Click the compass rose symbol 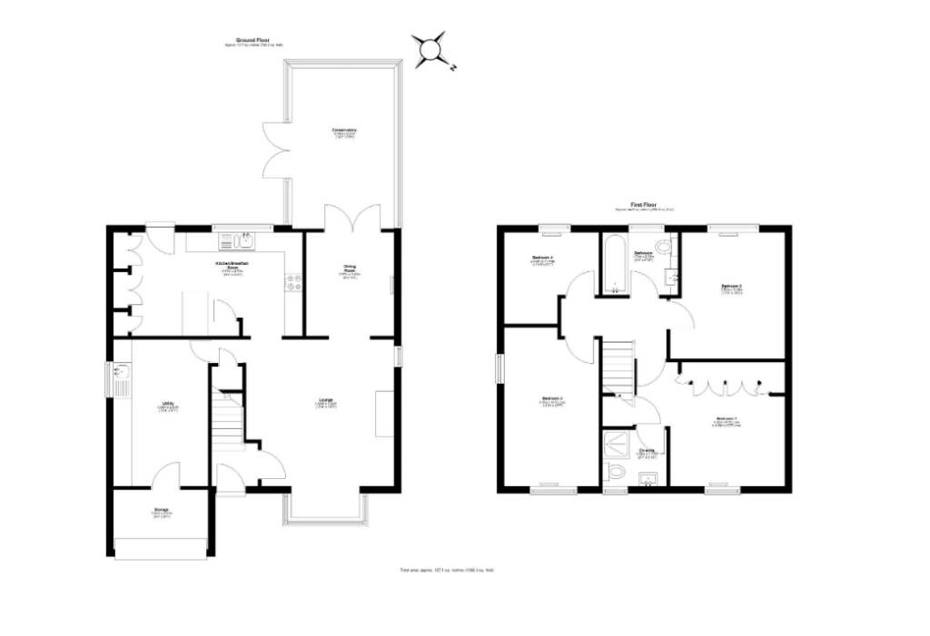tap(430, 50)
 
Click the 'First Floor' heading tap(643, 205)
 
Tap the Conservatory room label tap(344, 132)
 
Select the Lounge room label tap(324, 400)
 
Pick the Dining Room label tap(350, 269)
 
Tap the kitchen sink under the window tap(242, 240)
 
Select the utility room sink tap(123, 375)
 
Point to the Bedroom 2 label tap(732, 289)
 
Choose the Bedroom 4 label tap(543, 261)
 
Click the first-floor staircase tap(619, 368)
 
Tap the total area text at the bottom tap(447, 570)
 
